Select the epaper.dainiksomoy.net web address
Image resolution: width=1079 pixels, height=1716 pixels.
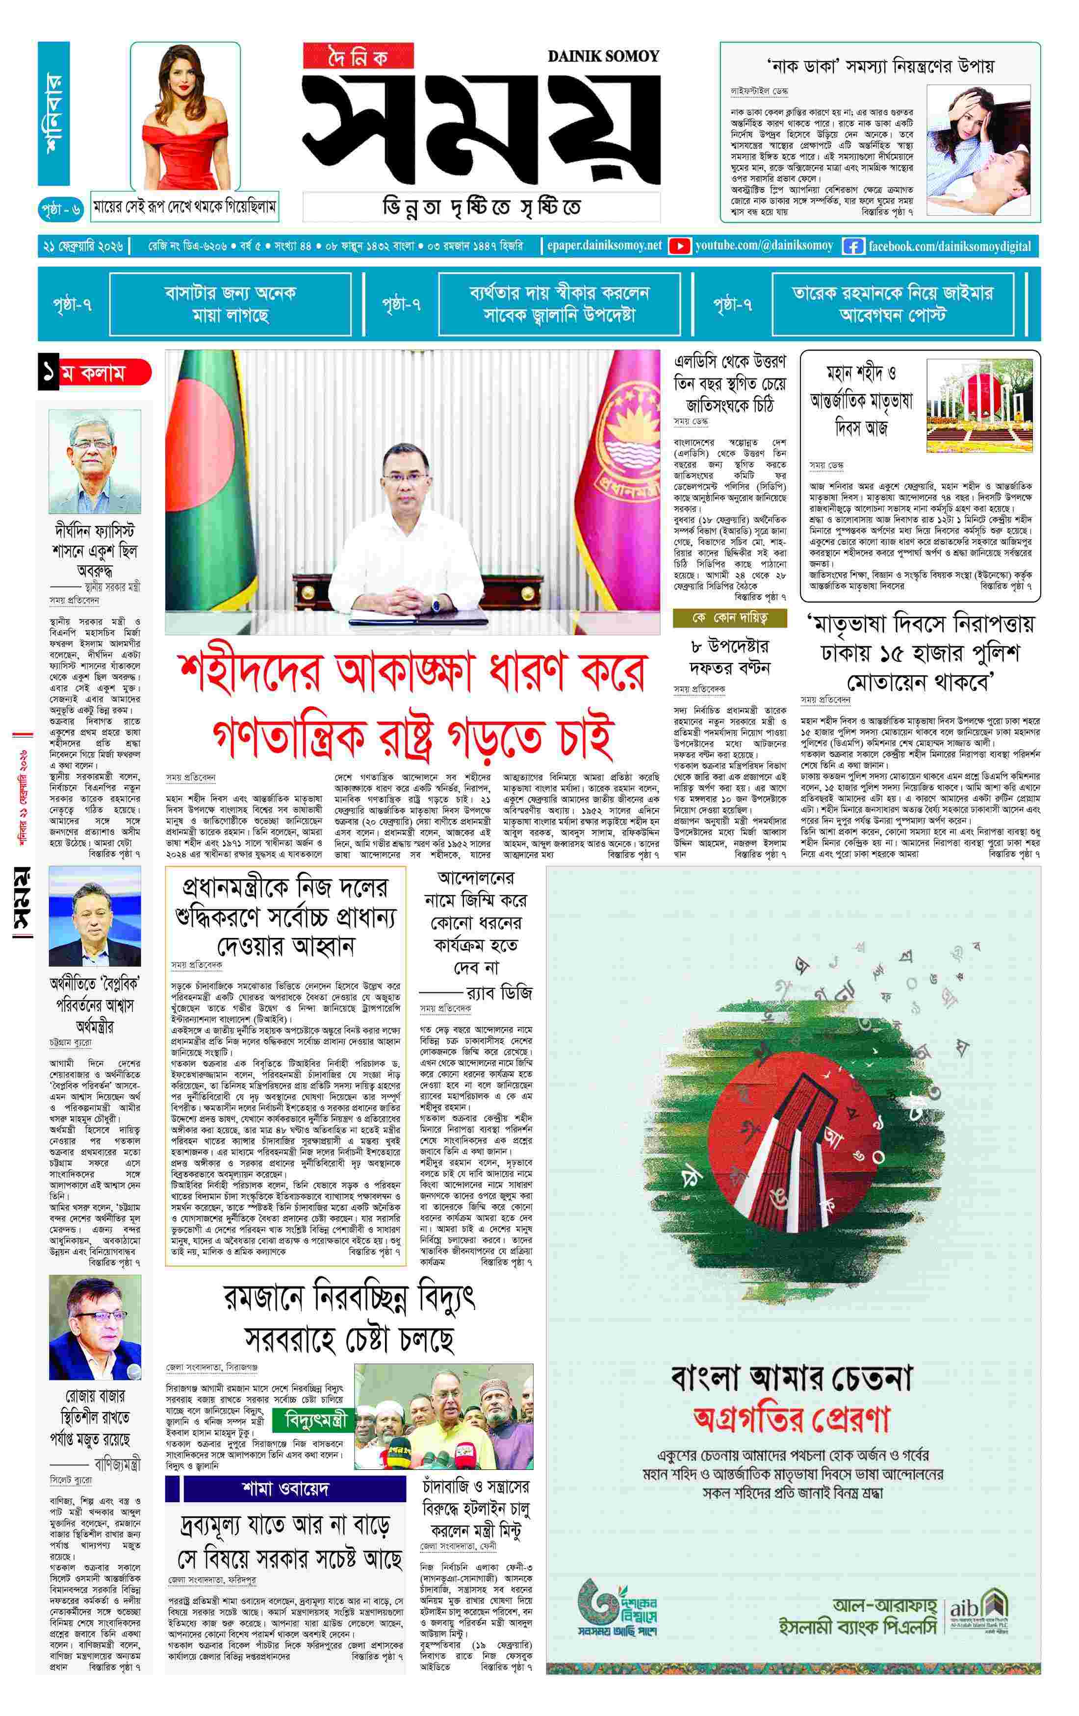click(x=604, y=246)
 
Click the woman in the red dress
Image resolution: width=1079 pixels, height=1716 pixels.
click(x=185, y=118)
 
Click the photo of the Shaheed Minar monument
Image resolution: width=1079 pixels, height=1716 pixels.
click(x=979, y=405)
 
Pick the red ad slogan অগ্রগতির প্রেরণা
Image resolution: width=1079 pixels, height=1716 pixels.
click(x=791, y=1419)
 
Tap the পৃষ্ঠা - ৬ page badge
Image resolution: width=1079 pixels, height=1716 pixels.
click(x=61, y=209)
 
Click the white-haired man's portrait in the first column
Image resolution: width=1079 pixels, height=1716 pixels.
click(x=95, y=462)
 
